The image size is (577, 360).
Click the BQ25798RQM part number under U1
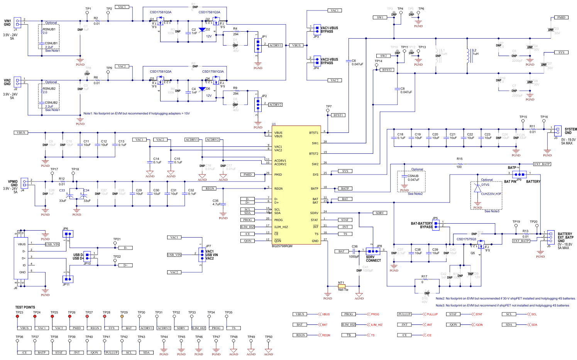[282, 246]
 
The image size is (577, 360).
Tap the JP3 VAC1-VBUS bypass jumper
[317, 29]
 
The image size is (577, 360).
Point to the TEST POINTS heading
[25, 307]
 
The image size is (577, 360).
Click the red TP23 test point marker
[17, 316]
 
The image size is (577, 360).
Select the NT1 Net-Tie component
[342, 286]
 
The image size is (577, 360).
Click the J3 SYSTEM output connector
[557, 130]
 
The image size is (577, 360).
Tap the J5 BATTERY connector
[551, 236]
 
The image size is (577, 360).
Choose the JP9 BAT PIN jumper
[519, 174]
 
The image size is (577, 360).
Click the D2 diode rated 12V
[202, 30]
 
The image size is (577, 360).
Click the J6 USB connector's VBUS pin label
[22, 244]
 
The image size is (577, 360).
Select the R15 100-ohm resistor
[459, 164]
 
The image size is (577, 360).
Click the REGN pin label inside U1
[278, 188]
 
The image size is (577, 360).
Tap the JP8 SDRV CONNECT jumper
[373, 251]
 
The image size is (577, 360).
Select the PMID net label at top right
[561, 17]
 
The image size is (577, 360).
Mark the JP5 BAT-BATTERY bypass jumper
[436, 225]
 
